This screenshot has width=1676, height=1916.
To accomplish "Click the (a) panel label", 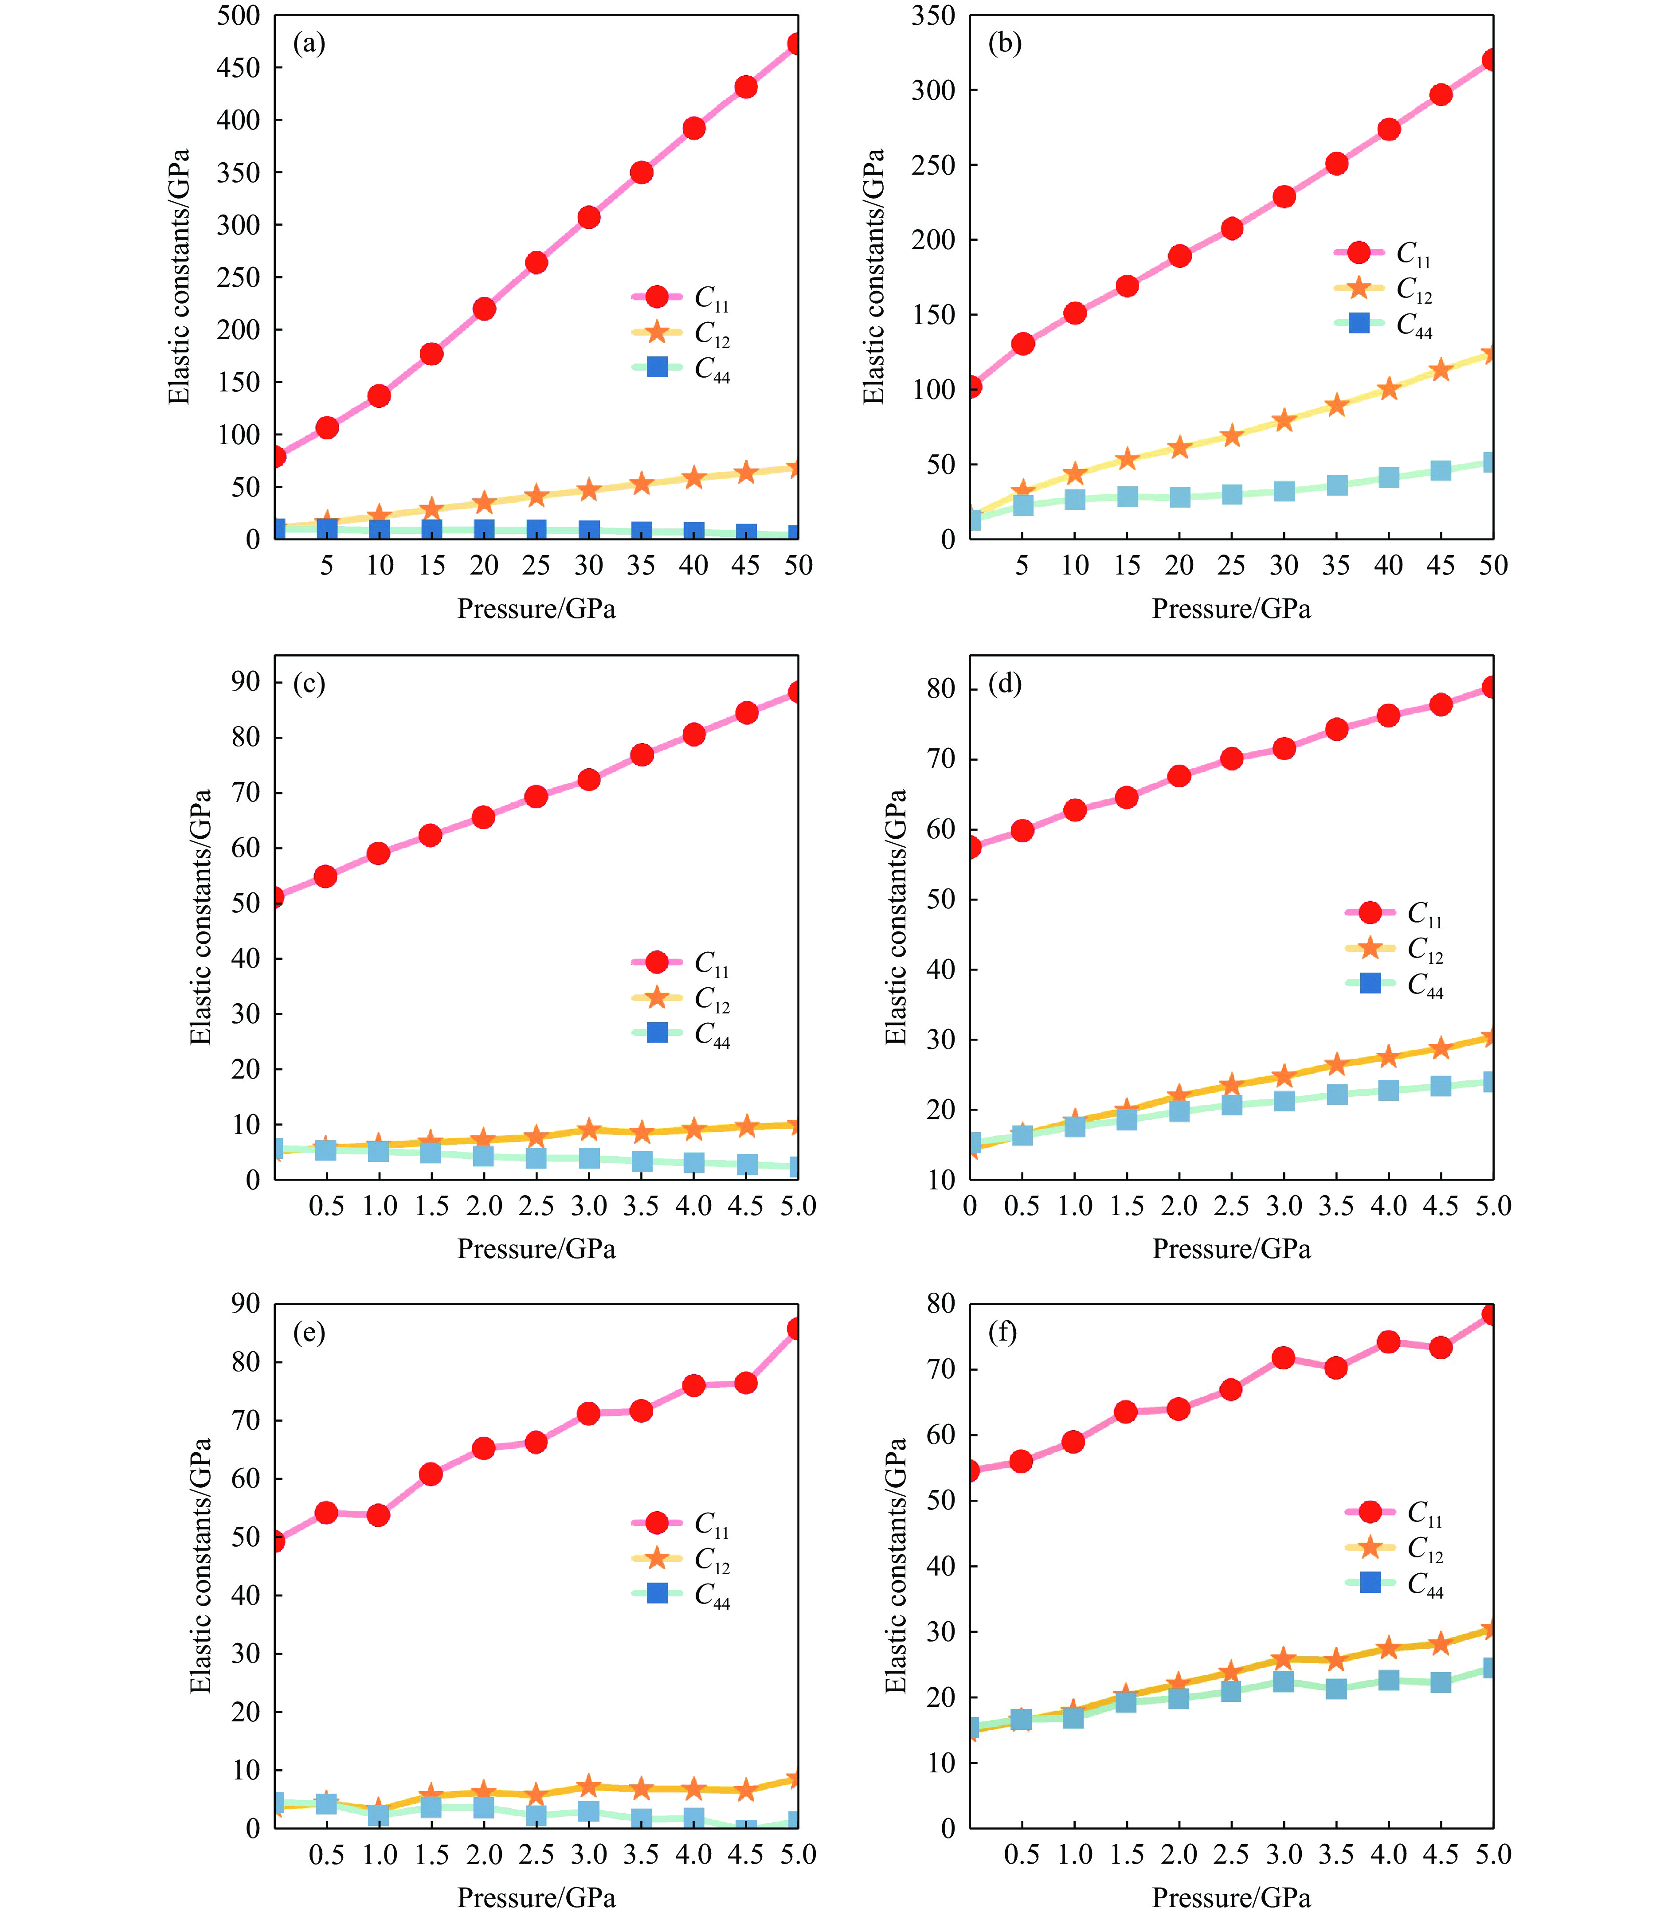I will [309, 43].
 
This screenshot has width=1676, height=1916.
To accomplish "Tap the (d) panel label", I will [1004, 684].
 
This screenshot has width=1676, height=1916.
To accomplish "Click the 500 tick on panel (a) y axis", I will [239, 16].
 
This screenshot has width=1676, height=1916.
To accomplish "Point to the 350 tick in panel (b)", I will [933, 16].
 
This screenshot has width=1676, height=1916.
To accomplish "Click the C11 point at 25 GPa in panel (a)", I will [536, 263].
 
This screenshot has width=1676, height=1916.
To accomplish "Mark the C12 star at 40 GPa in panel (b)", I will [1388, 389].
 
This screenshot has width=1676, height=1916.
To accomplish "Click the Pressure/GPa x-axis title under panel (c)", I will [536, 1249].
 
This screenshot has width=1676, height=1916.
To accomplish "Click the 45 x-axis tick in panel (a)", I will [745, 565].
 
